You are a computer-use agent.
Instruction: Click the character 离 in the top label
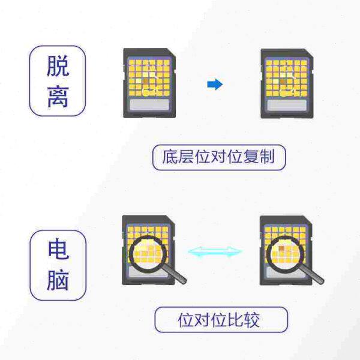pyautogui.click(x=58, y=96)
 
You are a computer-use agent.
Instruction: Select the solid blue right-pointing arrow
pyautogui.click(x=214, y=85)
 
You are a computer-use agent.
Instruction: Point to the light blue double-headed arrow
pyautogui.click(x=215, y=251)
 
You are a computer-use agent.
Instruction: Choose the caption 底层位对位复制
pyautogui.click(x=218, y=158)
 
